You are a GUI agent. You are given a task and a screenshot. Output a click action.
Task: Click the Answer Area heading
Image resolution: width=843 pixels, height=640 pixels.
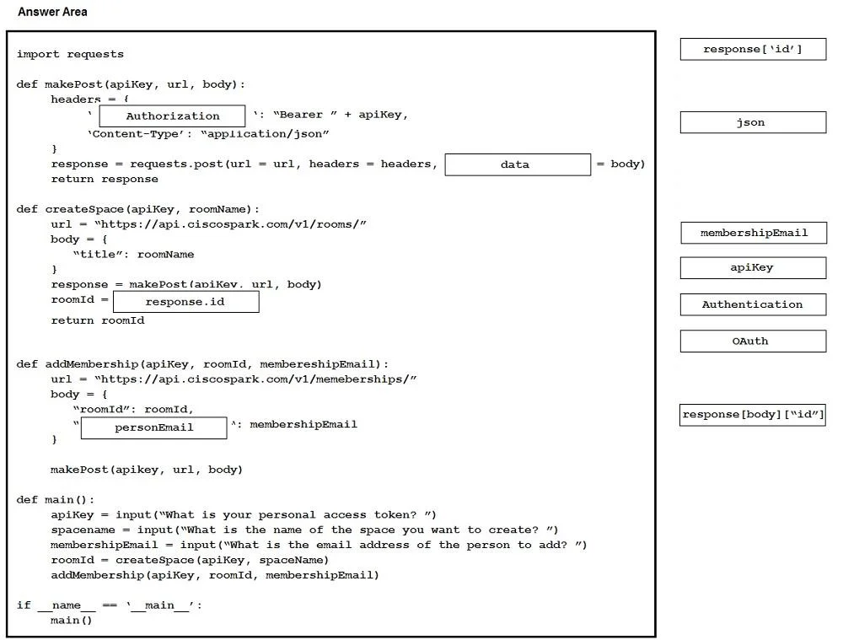[x=52, y=12]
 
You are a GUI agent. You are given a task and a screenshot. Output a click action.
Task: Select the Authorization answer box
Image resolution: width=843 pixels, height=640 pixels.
[x=172, y=116]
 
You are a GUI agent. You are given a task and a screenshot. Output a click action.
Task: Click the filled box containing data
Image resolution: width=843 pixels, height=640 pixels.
[x=518, y=164]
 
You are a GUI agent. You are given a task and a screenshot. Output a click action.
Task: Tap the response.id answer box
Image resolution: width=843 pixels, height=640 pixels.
[x=186, y=302]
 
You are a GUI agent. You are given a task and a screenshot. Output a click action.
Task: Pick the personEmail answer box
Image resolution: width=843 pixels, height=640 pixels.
[x=153, y=428]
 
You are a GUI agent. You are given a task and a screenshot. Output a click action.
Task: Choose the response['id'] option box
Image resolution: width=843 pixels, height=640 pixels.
[x=753, y=49]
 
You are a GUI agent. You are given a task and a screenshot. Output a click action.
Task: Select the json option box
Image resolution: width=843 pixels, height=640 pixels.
[x=753, y=122]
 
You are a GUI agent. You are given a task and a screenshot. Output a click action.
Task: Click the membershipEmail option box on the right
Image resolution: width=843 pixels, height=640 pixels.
[x=753, y=233]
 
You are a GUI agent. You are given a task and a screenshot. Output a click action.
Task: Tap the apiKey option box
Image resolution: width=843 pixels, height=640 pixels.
[x=753, y=268]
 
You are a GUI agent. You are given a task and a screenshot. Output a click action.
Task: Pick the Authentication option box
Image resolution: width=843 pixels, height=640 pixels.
[x=753, y=304]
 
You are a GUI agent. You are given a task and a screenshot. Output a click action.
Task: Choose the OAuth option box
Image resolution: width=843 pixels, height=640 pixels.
[x=753, y=341]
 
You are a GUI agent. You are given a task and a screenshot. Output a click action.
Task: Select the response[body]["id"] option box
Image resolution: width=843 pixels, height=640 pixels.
[x=752, y=415]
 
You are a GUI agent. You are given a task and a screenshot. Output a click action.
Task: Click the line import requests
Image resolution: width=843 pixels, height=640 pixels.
[x=70, y=54]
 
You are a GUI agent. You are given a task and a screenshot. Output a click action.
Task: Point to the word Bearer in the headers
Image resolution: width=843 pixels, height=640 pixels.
[x=301, y=115]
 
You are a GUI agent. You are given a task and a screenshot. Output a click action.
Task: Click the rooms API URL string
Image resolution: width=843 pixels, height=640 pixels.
[x=230, y=224]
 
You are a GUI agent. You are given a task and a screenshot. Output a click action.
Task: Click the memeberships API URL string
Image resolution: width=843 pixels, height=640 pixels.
[x=255, y=379]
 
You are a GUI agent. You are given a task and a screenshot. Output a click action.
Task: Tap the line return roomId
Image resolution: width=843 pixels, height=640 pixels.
[x=98, y=320]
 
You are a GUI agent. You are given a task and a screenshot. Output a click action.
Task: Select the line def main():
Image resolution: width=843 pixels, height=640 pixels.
[x=56, y=500]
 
